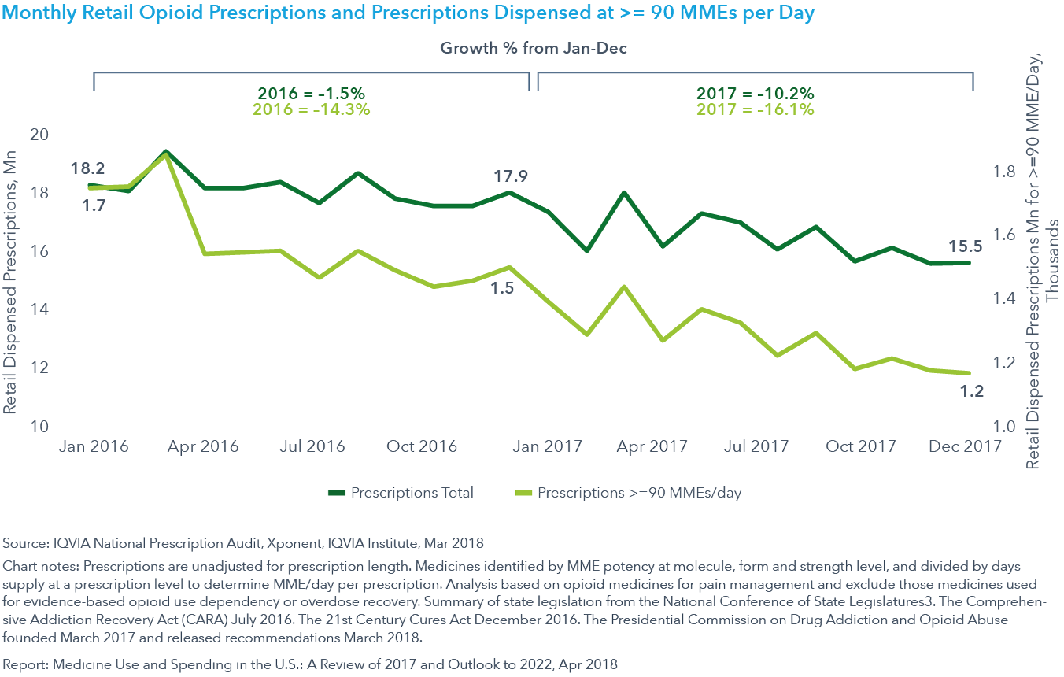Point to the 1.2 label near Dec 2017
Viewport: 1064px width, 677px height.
click(x=972, y=391)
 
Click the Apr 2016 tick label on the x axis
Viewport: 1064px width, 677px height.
click(x=203, y=446)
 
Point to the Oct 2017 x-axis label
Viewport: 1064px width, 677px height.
click(x=861, y=446)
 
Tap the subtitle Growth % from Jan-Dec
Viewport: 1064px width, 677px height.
click(x=533, y=48)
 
